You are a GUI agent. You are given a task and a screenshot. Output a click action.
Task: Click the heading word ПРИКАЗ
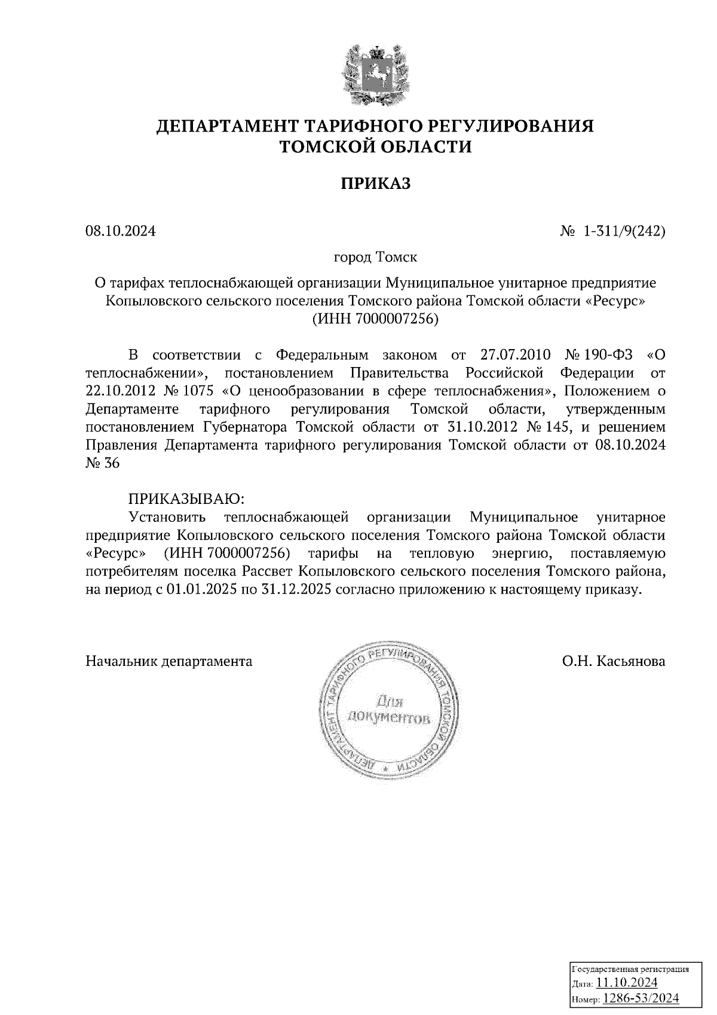376,184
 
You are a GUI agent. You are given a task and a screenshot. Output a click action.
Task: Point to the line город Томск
375,258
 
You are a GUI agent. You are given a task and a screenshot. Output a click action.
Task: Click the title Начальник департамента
169,661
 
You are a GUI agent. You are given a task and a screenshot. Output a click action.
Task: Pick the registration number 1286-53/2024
640,998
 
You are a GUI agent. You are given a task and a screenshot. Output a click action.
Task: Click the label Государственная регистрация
630,970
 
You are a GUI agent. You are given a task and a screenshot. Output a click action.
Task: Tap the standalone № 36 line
103,464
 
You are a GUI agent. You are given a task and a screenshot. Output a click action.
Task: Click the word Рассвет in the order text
267,571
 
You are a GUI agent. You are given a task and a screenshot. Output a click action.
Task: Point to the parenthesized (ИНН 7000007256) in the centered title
375,319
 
